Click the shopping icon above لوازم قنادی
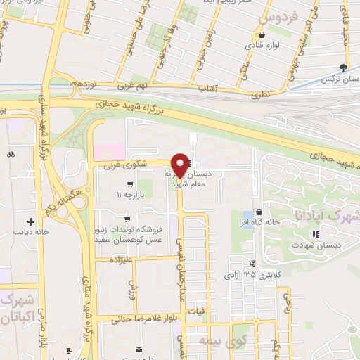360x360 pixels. [262, 34]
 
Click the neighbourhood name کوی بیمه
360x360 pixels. [244, 340]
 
